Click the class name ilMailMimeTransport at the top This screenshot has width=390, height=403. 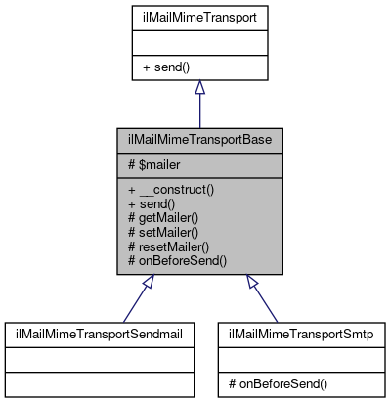199,17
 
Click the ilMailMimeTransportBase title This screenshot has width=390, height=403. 200,140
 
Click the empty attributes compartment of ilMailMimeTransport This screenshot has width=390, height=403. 199,43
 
